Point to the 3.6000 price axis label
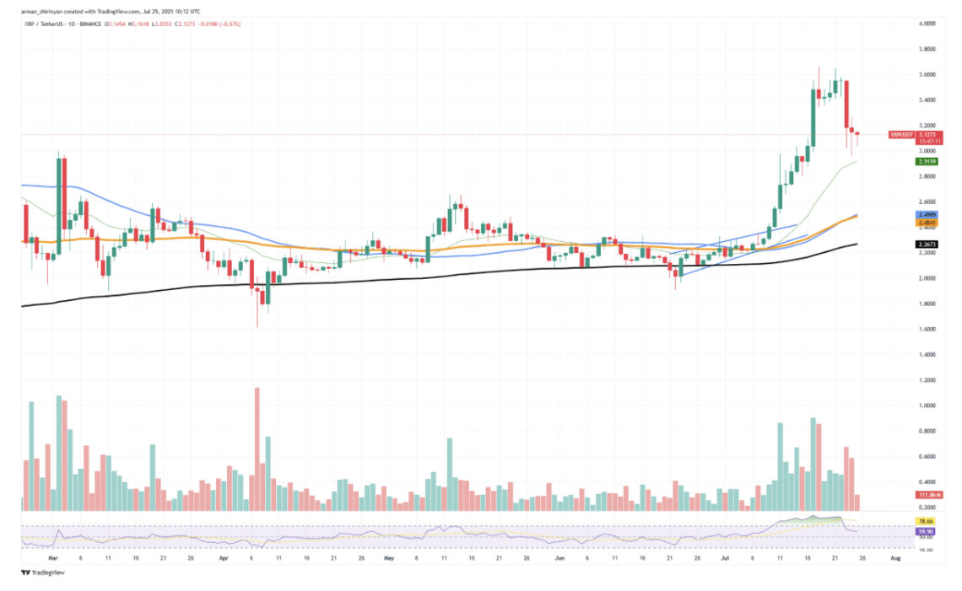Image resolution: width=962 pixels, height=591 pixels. tap(927, 74)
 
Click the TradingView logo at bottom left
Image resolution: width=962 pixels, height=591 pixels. tap(37, 572)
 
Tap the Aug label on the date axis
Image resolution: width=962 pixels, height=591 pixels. tap(895, 557)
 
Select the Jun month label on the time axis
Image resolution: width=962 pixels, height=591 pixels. tap(558, 557)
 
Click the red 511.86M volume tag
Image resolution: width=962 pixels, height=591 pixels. tap(927, 495)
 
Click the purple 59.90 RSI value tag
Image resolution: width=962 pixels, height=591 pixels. tap(926, 532)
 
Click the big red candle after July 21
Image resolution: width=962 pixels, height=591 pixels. tap(846, 105)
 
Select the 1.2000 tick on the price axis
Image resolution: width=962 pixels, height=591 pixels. tap(927, 380)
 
